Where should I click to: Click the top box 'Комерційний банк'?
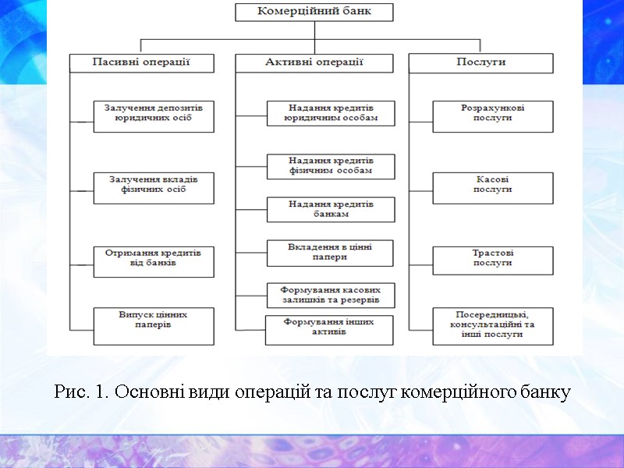pyautogui.click(x=314, y=12)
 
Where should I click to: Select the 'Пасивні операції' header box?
pyautogui.click(x=141, y=62)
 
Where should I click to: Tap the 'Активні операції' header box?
pyautogui.click(x=314, y=62)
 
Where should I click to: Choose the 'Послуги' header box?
pyautogui.click(x=480, y=62)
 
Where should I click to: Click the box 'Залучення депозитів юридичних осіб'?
pyautogui.click(x=153, y=115)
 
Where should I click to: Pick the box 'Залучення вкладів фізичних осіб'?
pyautogui.click(x=153, y=188)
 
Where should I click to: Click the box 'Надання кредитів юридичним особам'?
pyautogui.click(x=331, y=112)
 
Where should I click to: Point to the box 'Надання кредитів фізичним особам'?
pyautogui.click(x=331, y=165)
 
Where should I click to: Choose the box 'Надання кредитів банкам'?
pyautogui.click(x=331, y=209)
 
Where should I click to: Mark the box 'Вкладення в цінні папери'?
pyautogui.click(x=330, y=252)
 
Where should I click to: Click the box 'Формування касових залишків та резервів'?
pyautogui.click(x=331, y=294)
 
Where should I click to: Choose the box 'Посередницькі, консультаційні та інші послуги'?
pyautogui.click(x=493, y=326)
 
